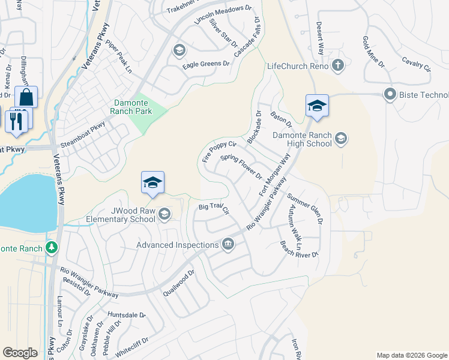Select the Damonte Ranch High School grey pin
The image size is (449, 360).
click(341, 140)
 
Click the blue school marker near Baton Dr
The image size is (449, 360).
click(317, 106)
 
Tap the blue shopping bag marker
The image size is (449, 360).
click(26, 97)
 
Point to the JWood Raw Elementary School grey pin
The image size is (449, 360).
click(164, 214)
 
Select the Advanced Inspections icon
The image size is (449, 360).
click(228, 244)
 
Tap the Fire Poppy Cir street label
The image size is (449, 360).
click(220, 152)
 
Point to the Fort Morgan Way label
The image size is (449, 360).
click(275, 175)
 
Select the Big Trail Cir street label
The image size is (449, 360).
click(214, 208)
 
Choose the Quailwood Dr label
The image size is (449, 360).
click(179, 282)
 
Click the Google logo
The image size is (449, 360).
click(20, 352)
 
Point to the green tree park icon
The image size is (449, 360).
click(52, 247)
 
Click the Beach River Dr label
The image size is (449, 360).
click(299, 250)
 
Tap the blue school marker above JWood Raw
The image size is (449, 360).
click(152, 182)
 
